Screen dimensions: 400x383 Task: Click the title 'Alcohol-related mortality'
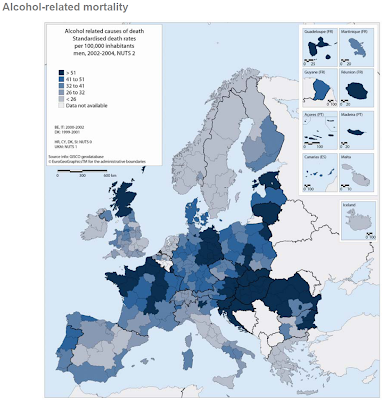62,9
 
